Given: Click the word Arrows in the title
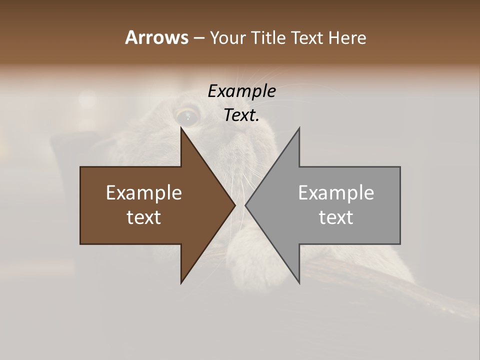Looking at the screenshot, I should [x=156, y=37].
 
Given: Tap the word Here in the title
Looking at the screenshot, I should [x=347, y=37].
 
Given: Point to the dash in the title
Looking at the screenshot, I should [x=198, y=38].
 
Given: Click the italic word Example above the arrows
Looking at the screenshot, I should [x=241, y=91].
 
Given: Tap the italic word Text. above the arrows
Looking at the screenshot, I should [x=241, y=115].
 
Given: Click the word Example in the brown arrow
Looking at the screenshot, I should [x=144, y=192].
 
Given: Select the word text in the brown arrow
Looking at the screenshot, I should [x=144, y=217].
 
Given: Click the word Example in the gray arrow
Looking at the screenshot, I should [x=336, y=192].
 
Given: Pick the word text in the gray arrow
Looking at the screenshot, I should [x=336, y=217].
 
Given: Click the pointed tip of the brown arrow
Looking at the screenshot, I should [x=234, y=205].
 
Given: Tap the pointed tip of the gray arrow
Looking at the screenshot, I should [x=246, y=205].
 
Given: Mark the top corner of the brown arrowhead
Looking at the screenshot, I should [x=181, y=128].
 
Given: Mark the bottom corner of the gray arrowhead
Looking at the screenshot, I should [x=299, y=282].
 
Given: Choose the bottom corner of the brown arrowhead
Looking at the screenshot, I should [x=181, y=282].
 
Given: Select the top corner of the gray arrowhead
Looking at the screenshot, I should [x=299, y=128].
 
